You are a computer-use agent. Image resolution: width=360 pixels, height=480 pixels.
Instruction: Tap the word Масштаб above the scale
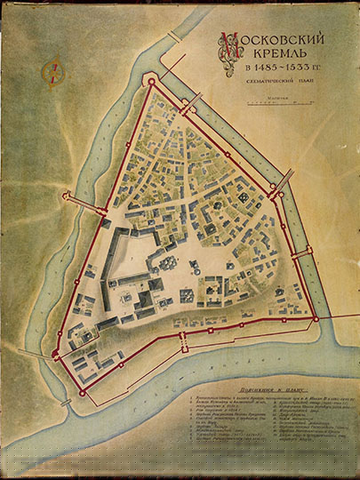click(x=273, y=102)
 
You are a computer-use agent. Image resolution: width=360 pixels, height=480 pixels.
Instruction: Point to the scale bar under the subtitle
click(x=273, y=110)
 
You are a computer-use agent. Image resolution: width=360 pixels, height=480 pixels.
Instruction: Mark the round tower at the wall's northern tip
click(x=151, y=82)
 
